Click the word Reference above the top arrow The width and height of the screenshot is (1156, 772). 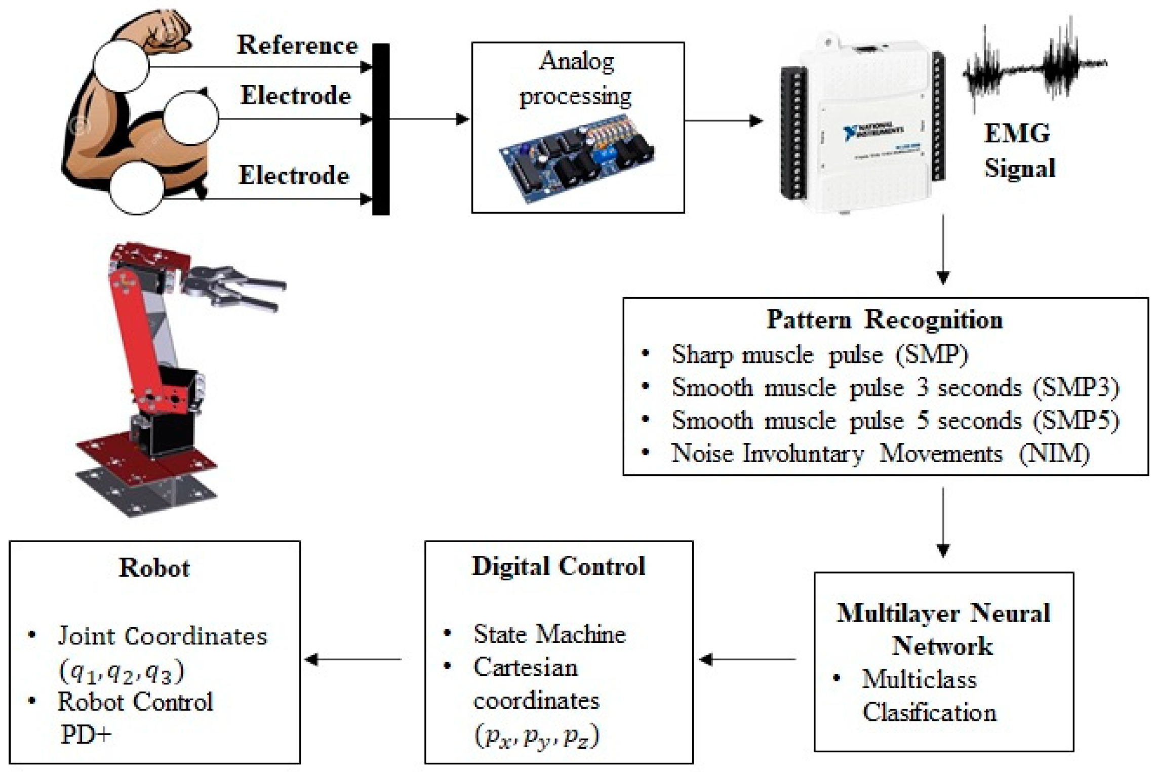tap(297, 46)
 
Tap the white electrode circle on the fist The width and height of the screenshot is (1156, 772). tap(122, 65)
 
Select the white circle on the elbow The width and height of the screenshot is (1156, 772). tap(137, 187)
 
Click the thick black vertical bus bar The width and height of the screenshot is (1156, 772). tap(381, 129)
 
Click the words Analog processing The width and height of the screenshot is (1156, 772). tap(576, 78)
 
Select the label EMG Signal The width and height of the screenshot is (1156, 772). tap(1019, 151)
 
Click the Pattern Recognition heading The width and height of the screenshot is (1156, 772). tap(884, 320)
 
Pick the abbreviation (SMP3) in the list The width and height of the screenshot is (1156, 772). tap(1076, 388)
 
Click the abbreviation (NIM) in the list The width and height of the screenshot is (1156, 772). tap(1053, 454)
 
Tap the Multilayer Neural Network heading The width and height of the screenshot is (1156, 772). tap(943, 629)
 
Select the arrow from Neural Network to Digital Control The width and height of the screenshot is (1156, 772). tap(747, 659)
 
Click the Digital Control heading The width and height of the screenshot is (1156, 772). tap(559, 566)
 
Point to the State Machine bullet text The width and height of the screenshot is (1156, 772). tap(549, 634)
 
